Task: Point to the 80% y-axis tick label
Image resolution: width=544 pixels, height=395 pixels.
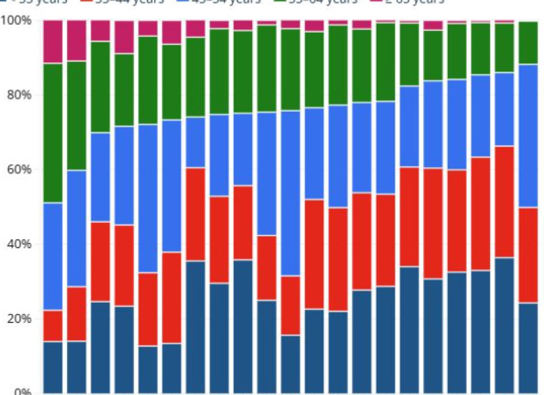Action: tap(19, 95)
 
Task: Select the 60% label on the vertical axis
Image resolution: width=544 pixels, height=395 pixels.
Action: tap(19, 170)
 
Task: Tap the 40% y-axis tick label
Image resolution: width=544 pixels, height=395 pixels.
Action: tap(19, 245)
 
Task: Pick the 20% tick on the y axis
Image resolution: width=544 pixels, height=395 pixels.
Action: tap(19, 319)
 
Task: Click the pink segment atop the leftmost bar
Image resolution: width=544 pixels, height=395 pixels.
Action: tap(53, 42)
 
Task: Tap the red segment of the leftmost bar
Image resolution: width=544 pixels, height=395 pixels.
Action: tap(53, 326)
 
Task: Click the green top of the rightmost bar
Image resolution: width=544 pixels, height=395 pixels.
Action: tap(528, 43)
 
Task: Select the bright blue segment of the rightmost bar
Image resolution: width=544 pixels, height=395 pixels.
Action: tap(528, 136)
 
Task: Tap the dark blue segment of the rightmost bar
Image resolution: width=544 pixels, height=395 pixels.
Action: tap(528, 348)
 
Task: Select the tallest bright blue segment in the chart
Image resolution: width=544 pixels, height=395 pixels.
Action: tap(291, 193)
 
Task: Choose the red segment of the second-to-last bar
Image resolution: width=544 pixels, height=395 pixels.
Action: tap(505, 202)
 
